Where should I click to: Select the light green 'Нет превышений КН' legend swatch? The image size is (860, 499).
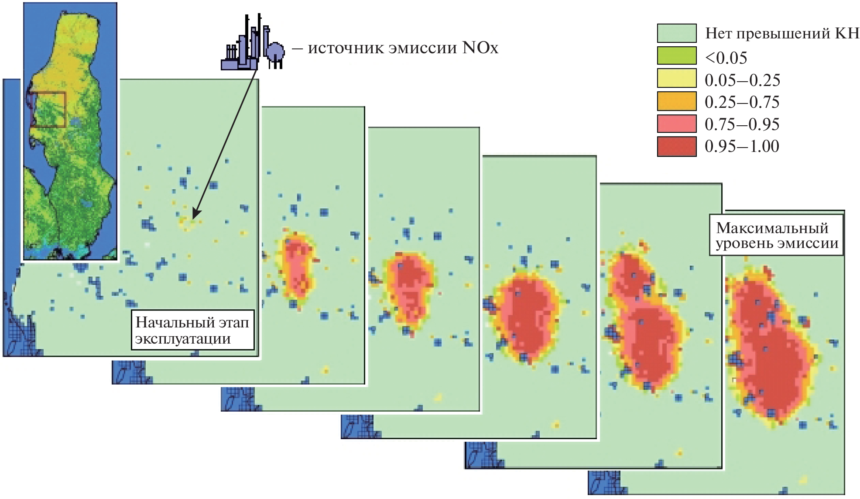coord(676,33)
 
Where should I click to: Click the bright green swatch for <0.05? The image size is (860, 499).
coord(676,56)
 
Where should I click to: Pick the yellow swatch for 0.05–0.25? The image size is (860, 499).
coord(676,79)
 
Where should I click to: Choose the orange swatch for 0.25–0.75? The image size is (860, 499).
coord(676,101)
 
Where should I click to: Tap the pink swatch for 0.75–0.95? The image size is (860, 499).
coord(676,124)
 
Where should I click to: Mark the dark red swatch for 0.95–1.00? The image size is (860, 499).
coord(676,146)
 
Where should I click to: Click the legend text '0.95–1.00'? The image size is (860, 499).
coord(742,146)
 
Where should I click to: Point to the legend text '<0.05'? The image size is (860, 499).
coord(726,58)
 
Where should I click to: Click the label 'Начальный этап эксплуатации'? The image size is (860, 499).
coord(192,330)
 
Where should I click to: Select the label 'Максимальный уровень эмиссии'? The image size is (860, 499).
coord(777,235)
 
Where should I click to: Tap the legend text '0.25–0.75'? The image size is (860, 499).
coord(742,102)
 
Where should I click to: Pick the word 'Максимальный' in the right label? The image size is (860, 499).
coord(772,228)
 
